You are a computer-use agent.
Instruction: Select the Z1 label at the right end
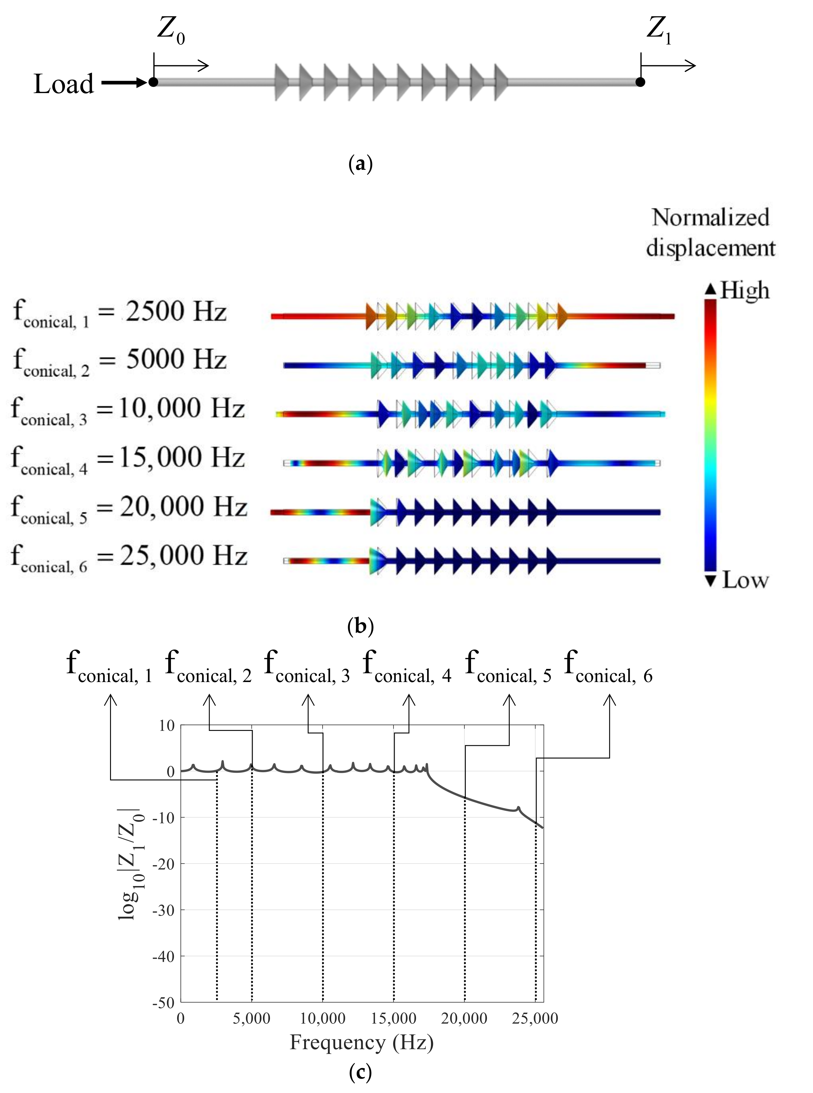click(658, 30)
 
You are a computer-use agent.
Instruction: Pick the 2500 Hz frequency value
click(176, 311)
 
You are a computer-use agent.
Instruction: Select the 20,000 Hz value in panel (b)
click(183, 506)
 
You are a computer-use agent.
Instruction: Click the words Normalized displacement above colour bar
click(710, 232)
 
